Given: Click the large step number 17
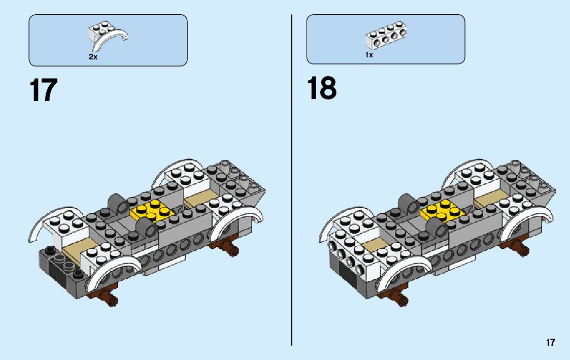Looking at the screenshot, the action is click(43, 90).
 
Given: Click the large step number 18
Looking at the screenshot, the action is click(321, 89).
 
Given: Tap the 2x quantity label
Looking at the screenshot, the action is click(93, 57).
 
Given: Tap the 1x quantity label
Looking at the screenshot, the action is click(369, 55).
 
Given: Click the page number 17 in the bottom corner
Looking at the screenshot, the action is click(551, 342).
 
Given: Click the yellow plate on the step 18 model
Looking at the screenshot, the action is click(440, 211).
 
